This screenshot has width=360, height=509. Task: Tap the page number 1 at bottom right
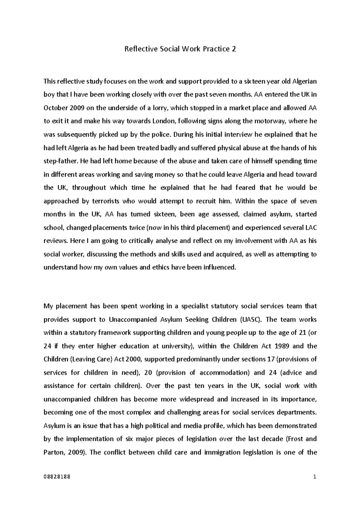tap(315, 477)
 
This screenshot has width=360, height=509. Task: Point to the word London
tap(164, 121)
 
